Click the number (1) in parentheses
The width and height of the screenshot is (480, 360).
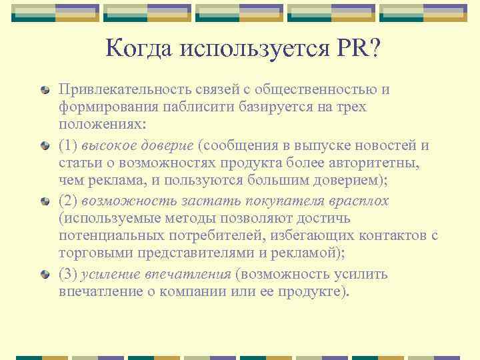click(69, 145)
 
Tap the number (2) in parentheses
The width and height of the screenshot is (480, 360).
click(69, 201)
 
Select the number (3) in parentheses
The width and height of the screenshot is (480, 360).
click(69, 275)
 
